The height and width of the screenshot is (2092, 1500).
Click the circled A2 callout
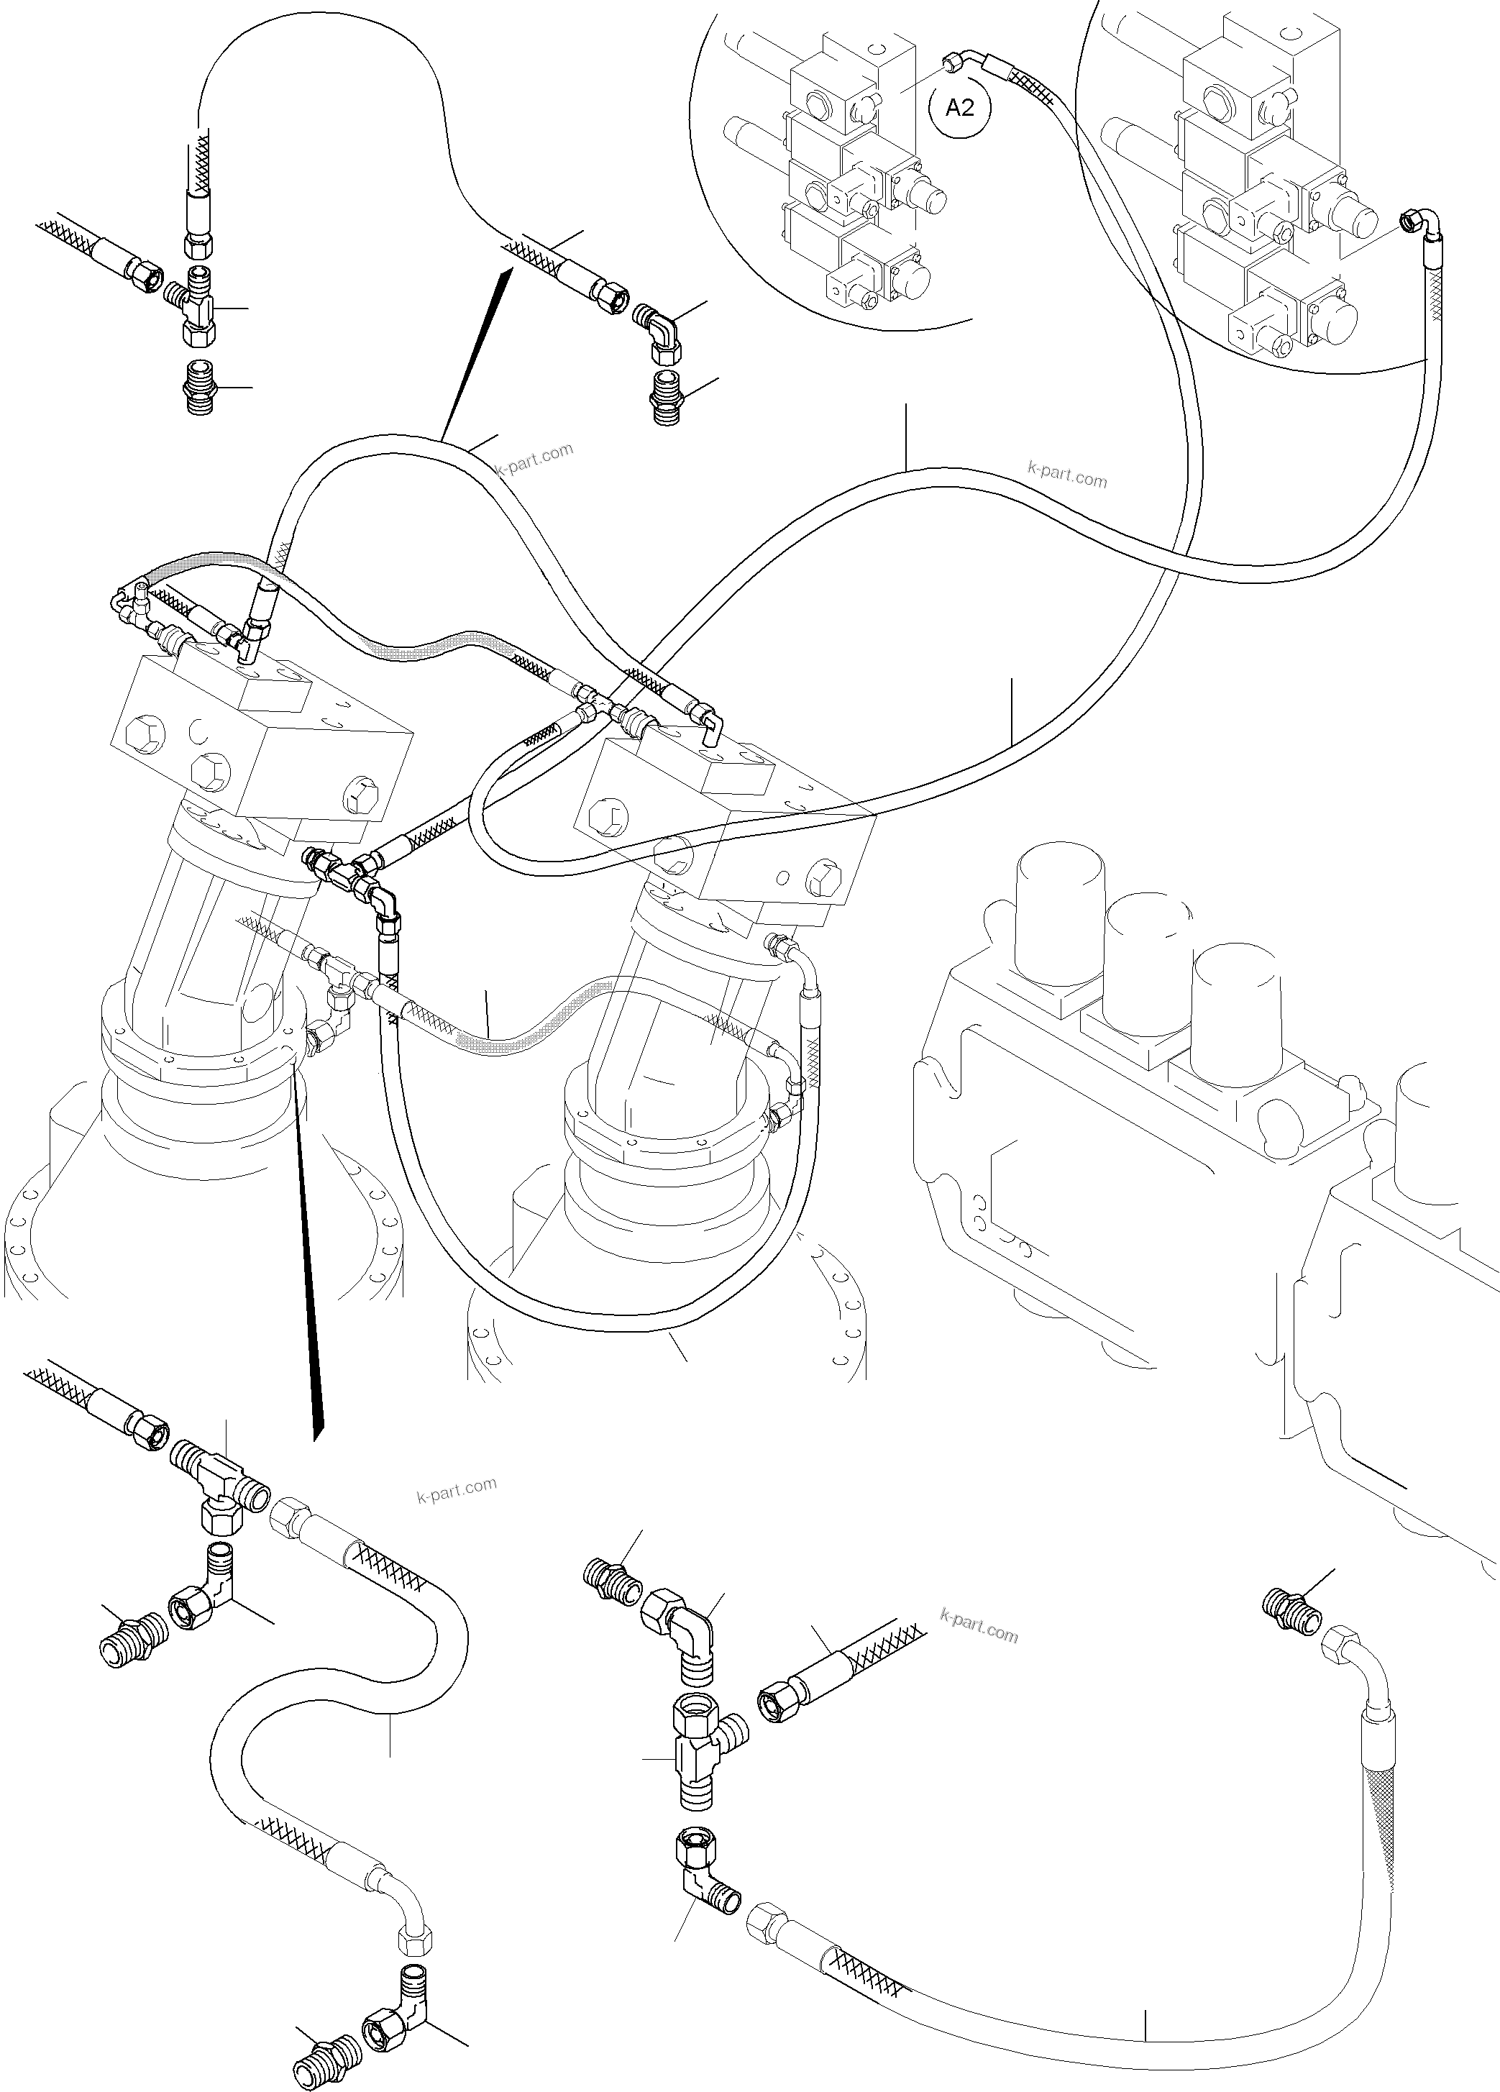pyautogui.click(x=961, y=109)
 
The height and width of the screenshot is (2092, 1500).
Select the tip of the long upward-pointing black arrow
pyautogui.click(x=508, y=270)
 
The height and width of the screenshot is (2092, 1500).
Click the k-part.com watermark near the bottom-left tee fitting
pyautogui.click(x=456, y=1488)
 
